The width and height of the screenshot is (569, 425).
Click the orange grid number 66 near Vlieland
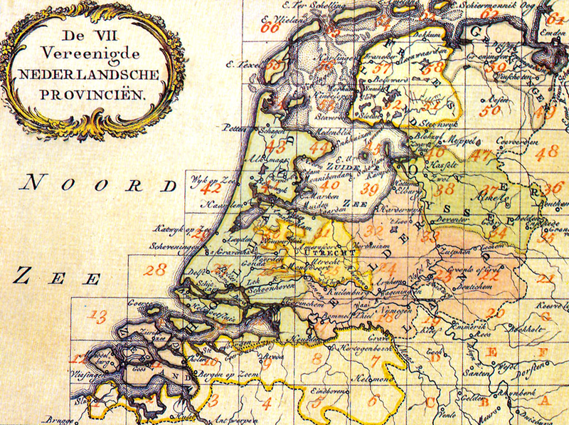point(270,28)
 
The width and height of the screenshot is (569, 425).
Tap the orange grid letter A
point(545,401)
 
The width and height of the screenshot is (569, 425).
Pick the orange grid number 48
point(548,152)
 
